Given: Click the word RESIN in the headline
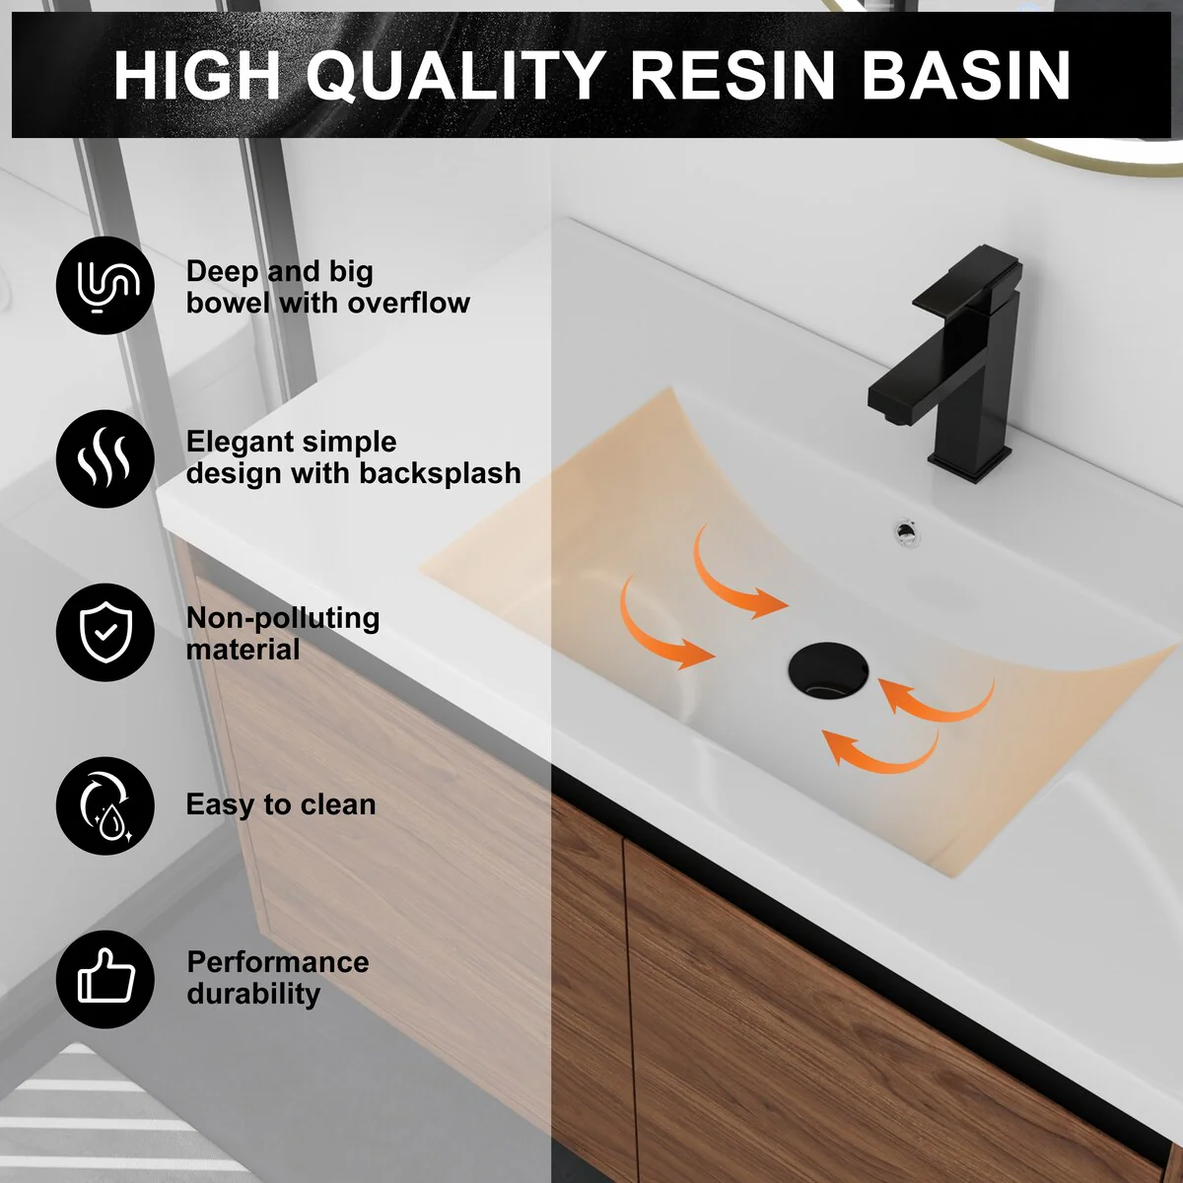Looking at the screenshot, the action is point(732,75).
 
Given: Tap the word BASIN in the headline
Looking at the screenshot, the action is point(967,75).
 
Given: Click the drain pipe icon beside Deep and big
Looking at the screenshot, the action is point(105,286).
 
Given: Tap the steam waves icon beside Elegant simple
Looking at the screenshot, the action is point(105,458).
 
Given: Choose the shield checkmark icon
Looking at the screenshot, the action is point(105,632).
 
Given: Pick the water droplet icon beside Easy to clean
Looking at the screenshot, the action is point(105,805).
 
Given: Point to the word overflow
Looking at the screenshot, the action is point(409,303).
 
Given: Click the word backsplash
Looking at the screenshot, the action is point(440,473).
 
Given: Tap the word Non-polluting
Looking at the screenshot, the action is point(283,618).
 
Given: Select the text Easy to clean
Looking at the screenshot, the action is point(281,804).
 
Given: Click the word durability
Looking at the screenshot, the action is point(253,994).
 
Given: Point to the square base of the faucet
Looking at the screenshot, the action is point(970,461).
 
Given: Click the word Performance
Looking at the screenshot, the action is point(278,962).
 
